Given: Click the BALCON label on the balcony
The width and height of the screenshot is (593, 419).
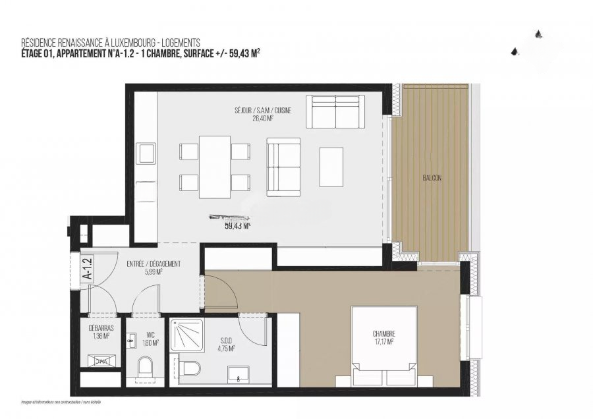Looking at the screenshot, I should (x=432, y=178).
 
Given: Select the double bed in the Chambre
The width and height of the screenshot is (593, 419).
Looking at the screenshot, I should (x=375, y=346).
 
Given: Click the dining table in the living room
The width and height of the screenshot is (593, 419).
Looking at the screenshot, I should (x=215, y=167).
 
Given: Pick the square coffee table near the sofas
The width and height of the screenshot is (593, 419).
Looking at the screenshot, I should (x=331, y=165).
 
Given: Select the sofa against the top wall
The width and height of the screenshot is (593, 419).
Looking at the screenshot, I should (x=337, y=111).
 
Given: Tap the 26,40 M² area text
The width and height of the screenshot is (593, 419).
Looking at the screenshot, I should (x=262, y=119).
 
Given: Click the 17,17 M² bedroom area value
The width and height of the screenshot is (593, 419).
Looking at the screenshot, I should (x=383, y=342).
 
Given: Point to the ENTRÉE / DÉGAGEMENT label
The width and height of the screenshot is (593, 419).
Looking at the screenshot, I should (x=154, y=264).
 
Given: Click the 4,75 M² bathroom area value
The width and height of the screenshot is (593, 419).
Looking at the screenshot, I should (x=225, y=350).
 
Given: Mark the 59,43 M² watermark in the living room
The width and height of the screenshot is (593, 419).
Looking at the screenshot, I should (x=237, y=225).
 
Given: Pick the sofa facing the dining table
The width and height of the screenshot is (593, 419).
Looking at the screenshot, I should (x=283, y=167).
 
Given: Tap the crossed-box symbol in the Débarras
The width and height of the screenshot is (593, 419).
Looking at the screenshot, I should (x=102, y=361).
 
